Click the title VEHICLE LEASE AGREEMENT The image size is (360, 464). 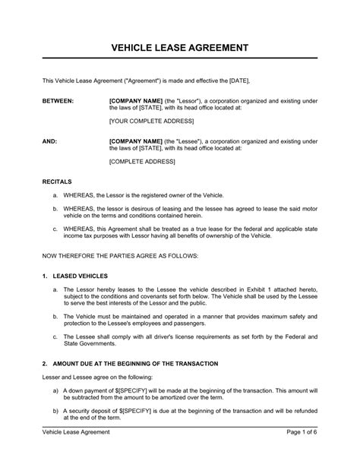[180, 47]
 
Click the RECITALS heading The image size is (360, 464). [57, 182]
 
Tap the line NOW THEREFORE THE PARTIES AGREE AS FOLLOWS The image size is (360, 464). [119, 256]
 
